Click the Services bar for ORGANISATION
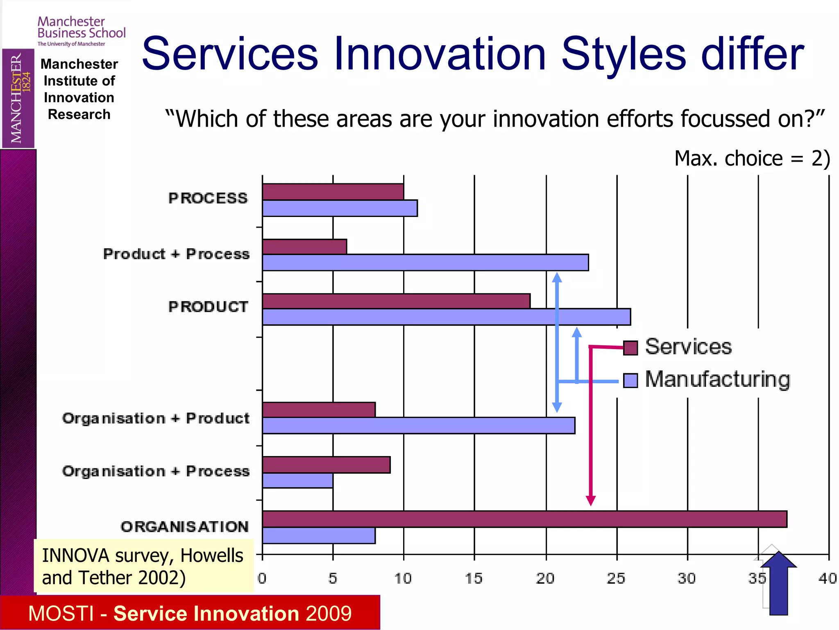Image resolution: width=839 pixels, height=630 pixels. (524, 519)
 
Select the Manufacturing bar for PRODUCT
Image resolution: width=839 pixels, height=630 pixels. (447, 317)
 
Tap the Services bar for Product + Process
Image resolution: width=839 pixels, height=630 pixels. (304, 247)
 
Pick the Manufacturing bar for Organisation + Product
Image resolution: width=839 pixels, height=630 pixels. (419, 425)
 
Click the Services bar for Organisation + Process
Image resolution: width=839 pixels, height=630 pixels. (326, 465)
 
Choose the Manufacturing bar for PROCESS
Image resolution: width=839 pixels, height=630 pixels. (340, 208)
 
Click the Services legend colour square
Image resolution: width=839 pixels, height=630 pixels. (630, 348)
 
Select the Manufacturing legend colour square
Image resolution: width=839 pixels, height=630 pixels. (630, 380)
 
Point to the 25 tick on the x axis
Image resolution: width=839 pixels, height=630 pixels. (617, 578)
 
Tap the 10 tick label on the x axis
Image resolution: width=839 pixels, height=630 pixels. (403, 578)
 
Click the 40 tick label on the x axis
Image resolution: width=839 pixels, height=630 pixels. (828, 578)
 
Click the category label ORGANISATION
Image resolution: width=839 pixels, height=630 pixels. (184, 527)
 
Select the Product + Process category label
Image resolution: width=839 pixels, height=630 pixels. (176, 254)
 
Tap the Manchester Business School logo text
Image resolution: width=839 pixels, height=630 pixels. (81, 27)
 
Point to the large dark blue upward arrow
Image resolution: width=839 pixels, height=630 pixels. (778, 582)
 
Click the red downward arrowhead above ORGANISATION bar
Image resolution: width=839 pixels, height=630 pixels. (590, 500)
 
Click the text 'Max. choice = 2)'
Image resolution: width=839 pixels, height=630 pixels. (752, 158)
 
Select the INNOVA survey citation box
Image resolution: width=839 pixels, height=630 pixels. (143, 566)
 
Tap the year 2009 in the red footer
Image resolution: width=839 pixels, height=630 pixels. (328, 613)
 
